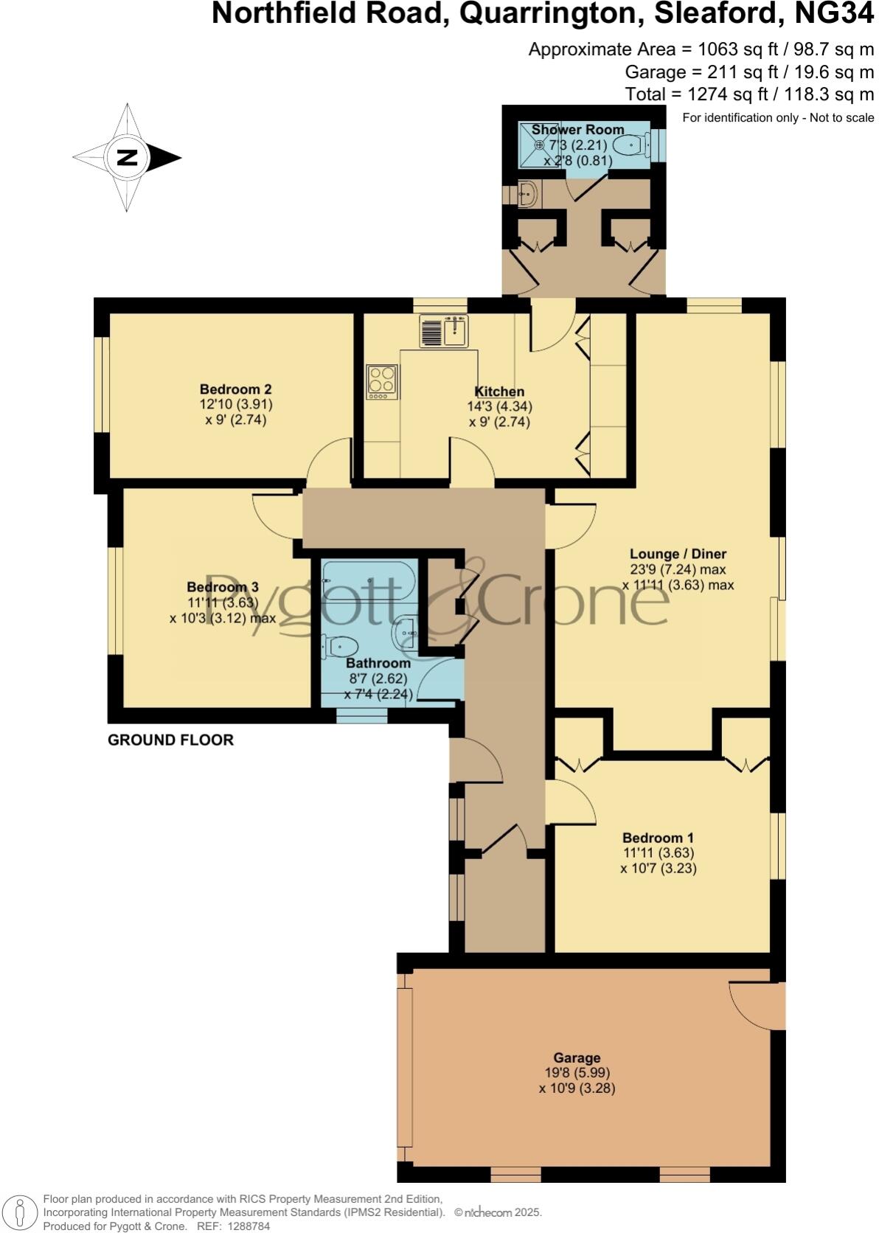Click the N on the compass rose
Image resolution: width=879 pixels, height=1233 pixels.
[128, 157]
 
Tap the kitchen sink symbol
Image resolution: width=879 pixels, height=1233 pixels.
[444, 330]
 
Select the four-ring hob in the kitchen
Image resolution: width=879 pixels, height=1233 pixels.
[382, 382]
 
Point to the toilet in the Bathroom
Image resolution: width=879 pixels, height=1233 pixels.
[339, 647]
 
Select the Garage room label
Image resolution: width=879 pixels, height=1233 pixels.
[577, 1057]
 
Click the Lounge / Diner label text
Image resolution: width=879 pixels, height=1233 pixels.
[678, 554]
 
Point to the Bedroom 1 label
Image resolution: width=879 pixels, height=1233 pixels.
[658, 838]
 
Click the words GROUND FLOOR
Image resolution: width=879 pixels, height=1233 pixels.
[170, 740]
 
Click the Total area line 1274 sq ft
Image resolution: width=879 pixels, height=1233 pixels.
[749, 94]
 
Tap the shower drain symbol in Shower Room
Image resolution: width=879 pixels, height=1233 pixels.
[539, 145]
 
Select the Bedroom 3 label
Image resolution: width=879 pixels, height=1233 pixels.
[223, 587]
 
